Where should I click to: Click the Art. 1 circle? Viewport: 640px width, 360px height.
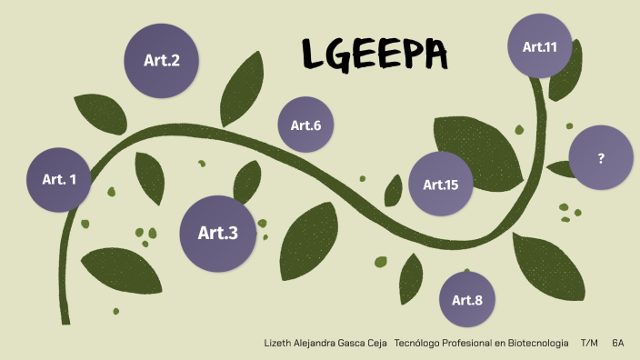59,179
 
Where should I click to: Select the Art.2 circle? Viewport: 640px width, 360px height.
162,61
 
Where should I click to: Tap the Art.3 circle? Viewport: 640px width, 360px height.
217,233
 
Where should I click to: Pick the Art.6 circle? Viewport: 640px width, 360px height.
305,125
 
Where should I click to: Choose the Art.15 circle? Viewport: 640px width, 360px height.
441,185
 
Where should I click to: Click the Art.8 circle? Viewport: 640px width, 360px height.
467,299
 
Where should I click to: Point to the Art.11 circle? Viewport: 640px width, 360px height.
539,46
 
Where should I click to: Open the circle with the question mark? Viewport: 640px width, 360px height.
601,158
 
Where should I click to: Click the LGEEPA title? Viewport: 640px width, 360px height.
375,57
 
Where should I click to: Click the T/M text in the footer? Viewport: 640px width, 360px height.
589,343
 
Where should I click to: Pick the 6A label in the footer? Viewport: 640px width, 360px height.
618,343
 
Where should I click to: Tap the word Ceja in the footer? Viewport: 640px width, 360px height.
380,343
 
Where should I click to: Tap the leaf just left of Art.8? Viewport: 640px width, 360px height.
411,277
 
